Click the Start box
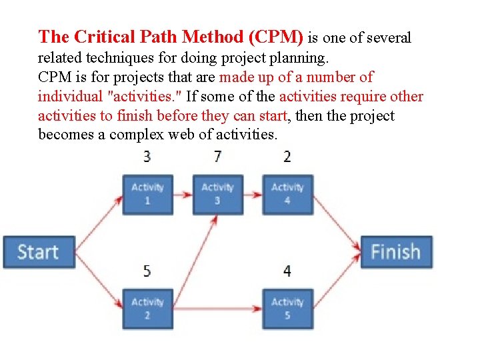coord(39,252)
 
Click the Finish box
coord(396,252)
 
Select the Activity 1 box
coord(147,194)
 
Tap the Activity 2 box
coord(147,309)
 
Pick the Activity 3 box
coord(217,194)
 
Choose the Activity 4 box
coord(287,194)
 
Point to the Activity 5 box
coord(287,309)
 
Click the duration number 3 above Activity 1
coord(147,157)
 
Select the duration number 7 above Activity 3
coord(217,157)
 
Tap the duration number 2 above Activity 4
coord(287,157)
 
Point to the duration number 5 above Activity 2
coord(147,271)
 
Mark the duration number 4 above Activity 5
coord(287,271)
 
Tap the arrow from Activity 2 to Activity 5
coord(217,309)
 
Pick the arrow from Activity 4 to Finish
coord(337,219)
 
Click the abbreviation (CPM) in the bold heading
coord(272,37)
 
